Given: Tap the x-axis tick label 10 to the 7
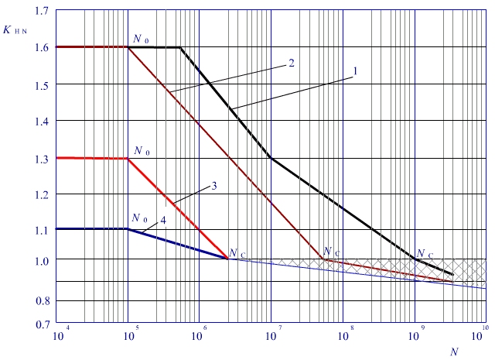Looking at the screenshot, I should [x=273, y=338].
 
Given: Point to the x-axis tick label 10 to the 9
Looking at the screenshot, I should [x=416, y=338].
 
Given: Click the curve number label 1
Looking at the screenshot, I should [x=355, y=71].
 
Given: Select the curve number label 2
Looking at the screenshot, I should [x=291, y=63].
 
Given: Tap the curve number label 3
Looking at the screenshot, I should [x=214, y=186].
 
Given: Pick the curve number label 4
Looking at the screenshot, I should [x=164, y=221].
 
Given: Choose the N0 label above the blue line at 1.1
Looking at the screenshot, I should [x=139, y=219].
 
